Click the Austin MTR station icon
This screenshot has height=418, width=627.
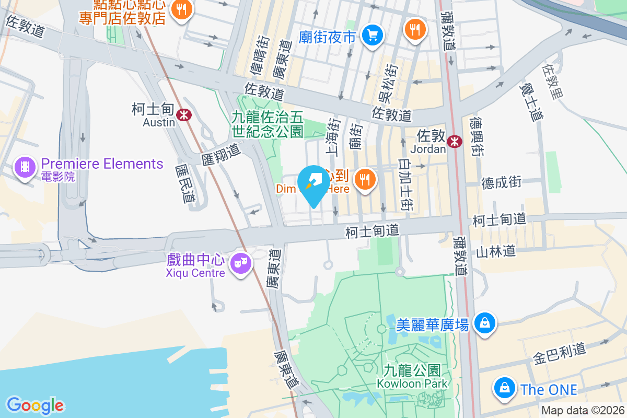click(183, 115)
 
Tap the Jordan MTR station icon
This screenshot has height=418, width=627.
click(455, 141)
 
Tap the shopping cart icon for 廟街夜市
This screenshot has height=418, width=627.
click(373, 36)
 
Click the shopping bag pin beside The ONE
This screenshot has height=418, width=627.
click(504, 388)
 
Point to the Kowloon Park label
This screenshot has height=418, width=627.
click(412, 377)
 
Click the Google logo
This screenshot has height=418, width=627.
click(36, 405)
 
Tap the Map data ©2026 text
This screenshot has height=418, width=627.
click(582, 411)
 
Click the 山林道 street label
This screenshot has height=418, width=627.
click(495, 251)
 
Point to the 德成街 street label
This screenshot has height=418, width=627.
click(501, 182)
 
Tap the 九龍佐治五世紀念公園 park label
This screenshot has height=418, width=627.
click(268, 124)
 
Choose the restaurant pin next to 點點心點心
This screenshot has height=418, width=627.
click(181, 9)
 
